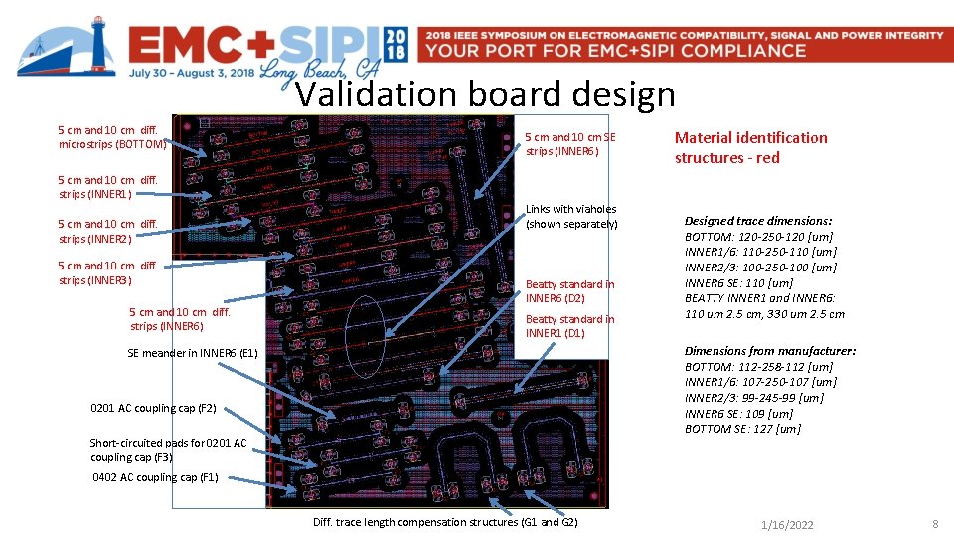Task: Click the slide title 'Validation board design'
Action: (x=485, y=95)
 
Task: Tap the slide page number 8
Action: (x=935, y=523)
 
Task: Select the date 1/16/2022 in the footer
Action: (x=787, y=524)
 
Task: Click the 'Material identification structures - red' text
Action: (x=750, y=147)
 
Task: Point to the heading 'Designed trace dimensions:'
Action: (x=758, y=221)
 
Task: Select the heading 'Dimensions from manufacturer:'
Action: (x=769, y=351)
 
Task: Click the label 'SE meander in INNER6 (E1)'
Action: (x=193, y=353)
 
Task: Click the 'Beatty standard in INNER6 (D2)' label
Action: (x=569, y=291)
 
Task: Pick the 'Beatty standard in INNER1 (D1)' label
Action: (x=569, y=326)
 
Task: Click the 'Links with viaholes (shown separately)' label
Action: (x=571, y=216)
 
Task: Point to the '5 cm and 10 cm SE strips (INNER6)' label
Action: (x=570, y=144)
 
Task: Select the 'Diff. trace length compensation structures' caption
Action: (x=444, y=522)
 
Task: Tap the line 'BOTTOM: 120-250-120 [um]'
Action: (x=759, y=237)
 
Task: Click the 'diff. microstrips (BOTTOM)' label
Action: (x=112, y=137)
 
